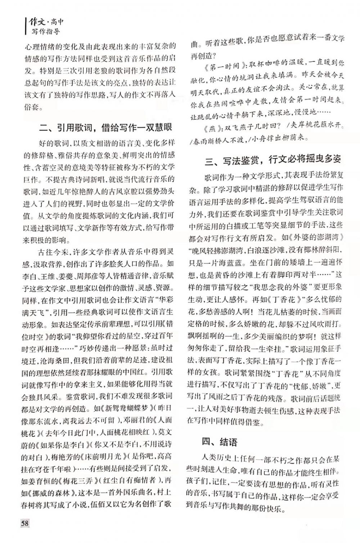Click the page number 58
pyautogui.click(x=24, y=522)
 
